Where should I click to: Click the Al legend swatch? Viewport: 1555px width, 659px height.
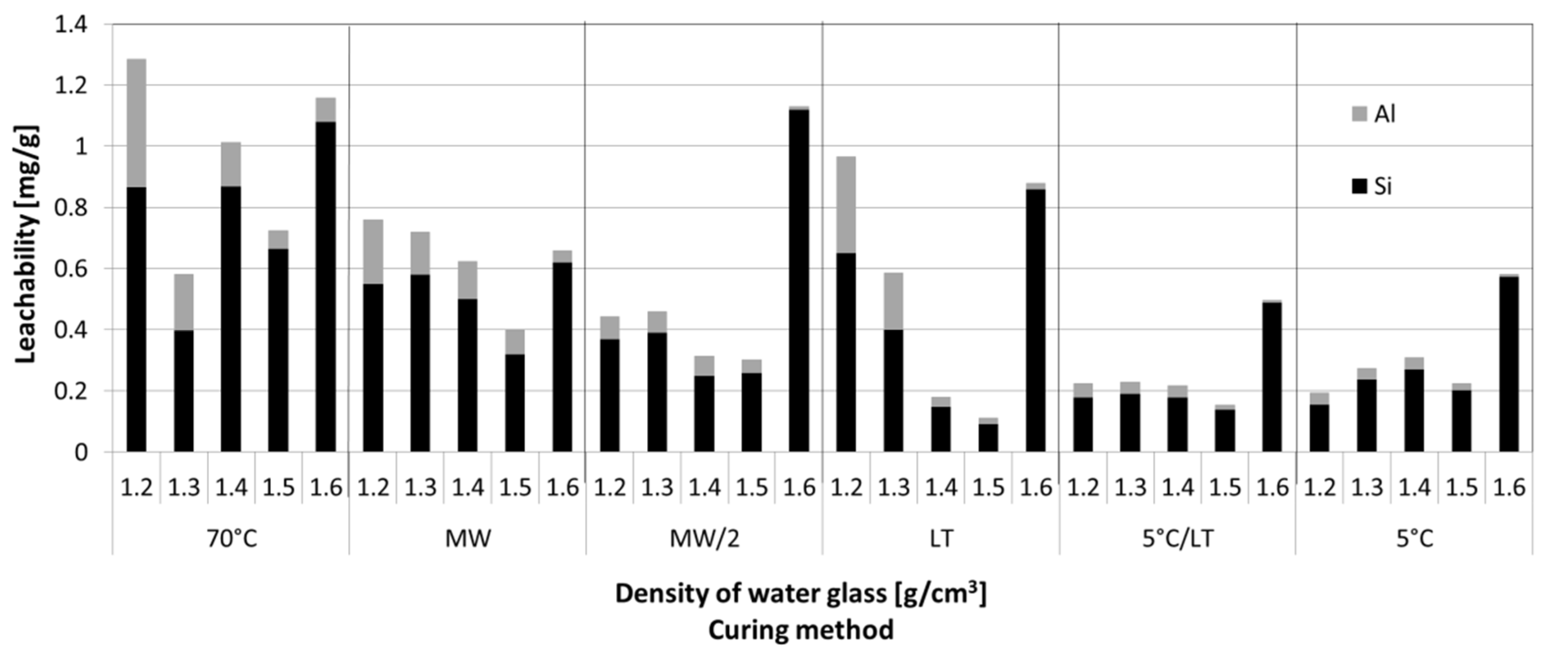[x=1359, y=113]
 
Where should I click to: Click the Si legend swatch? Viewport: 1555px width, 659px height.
[x=1359, y=186]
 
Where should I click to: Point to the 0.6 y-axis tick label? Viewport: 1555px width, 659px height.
[x=71, y=268]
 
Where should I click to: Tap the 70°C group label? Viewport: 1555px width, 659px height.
[x=232, y=538]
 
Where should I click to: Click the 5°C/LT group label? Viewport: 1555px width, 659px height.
[x=1177, y=538]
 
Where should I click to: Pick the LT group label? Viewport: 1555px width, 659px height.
[x=941, y=538]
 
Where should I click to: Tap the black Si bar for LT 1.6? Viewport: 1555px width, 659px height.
[x=1036, y=320]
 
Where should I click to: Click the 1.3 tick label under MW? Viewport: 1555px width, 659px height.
[x=420, y=488]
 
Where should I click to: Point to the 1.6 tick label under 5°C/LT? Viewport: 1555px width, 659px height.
[x=1272, y=488]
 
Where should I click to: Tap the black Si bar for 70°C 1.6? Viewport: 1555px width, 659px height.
[x=326, y=287]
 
